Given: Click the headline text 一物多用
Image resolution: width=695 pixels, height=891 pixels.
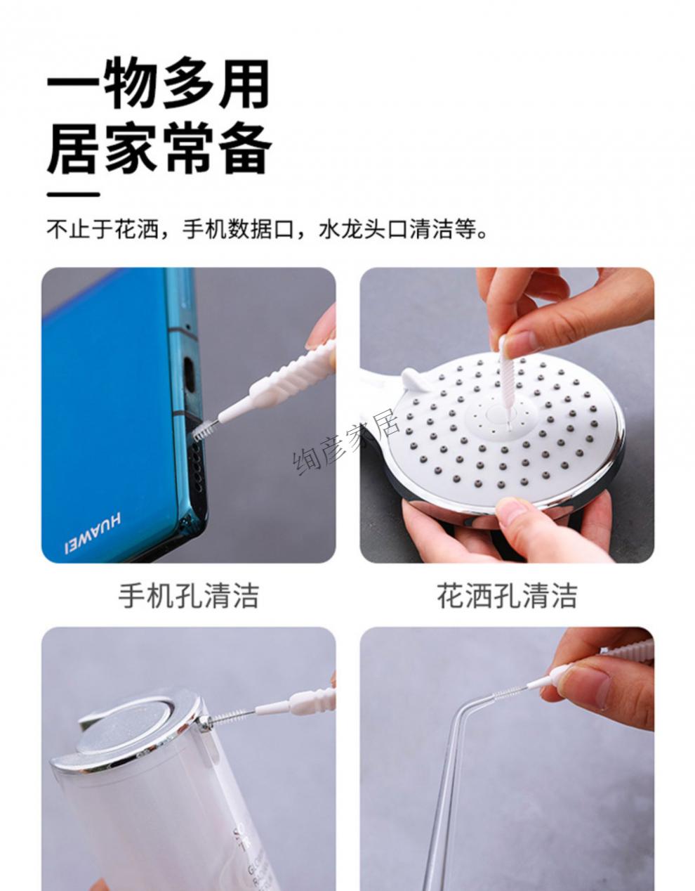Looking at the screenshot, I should [157, 85].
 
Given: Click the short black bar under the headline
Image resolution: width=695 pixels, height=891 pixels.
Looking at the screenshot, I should [73, 195].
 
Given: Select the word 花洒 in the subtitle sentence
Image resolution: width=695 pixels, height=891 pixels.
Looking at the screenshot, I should [135, 230].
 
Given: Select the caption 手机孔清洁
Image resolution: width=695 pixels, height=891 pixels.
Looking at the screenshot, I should [188, 596].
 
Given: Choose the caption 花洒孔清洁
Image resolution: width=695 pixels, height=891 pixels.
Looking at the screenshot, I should [507, 596].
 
